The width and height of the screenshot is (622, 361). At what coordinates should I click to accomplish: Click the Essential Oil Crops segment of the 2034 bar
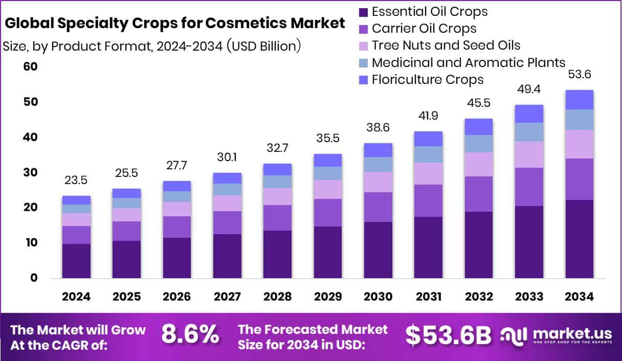tap(579, 239)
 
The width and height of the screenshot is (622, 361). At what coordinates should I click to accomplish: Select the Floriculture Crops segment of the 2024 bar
tap(76, 200)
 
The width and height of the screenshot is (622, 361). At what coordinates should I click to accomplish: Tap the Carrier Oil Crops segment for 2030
tap(378, 207)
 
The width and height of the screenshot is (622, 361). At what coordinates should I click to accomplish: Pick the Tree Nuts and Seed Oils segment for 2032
tap(479, 164)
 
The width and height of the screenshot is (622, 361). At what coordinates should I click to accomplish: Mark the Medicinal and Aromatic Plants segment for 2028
tap(277, 182)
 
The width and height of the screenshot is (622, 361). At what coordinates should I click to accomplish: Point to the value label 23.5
tap(76, 180)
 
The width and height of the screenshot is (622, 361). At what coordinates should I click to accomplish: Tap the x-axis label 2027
tap(227, 297)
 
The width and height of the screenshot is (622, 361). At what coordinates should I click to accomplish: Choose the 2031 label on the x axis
tap(429, 297)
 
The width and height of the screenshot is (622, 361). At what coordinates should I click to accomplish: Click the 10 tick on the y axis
tap(31, 243)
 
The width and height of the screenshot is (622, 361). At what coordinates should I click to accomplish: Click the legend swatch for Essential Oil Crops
tap(364, 12)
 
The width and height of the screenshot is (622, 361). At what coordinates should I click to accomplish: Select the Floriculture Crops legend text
tap(428, 80)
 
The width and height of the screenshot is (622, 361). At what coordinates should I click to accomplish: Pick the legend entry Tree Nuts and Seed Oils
tap(446, 46)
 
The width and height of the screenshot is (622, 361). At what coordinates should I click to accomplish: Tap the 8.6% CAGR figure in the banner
tap(190, 335)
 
